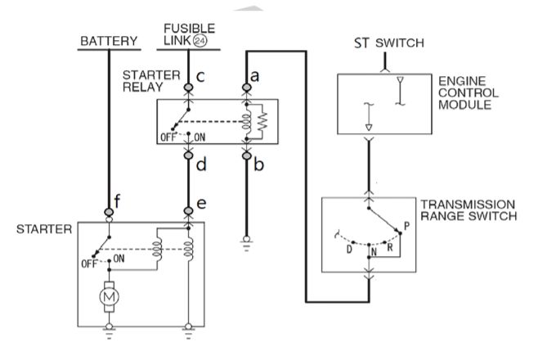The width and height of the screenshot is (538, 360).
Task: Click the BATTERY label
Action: click(108, 40)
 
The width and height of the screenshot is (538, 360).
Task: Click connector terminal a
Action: click(248, 88)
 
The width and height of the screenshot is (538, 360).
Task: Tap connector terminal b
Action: click(248, 154)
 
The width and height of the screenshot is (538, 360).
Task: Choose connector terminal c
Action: click(190, 88)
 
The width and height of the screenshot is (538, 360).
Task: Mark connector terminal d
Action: click(190, 154)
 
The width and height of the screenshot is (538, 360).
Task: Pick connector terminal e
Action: click(190, 211)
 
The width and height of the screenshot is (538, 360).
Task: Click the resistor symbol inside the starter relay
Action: click(263, 121)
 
